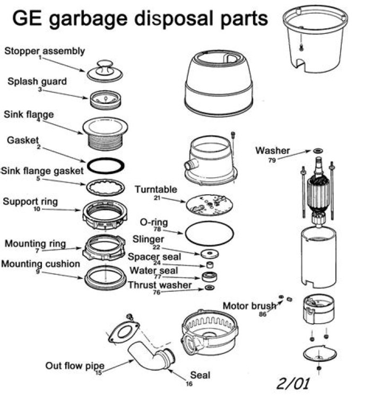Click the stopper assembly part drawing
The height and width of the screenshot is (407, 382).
105,71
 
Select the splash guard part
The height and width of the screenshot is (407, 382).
106,99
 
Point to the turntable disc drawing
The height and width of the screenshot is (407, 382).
209,204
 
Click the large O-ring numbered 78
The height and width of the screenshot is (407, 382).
209,232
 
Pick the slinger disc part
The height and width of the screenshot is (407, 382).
211,254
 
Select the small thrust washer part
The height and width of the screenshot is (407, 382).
210,288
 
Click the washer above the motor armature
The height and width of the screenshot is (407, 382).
318,151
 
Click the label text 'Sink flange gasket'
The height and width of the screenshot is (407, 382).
42,171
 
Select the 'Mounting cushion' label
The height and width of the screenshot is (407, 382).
41,264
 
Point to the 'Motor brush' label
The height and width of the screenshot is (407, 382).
249,306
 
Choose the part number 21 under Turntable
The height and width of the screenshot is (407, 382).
157,198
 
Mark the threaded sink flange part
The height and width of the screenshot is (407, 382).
106,132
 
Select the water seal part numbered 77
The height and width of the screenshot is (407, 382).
210,276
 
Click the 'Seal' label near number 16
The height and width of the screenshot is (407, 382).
200,375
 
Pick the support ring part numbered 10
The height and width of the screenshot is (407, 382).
106,213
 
